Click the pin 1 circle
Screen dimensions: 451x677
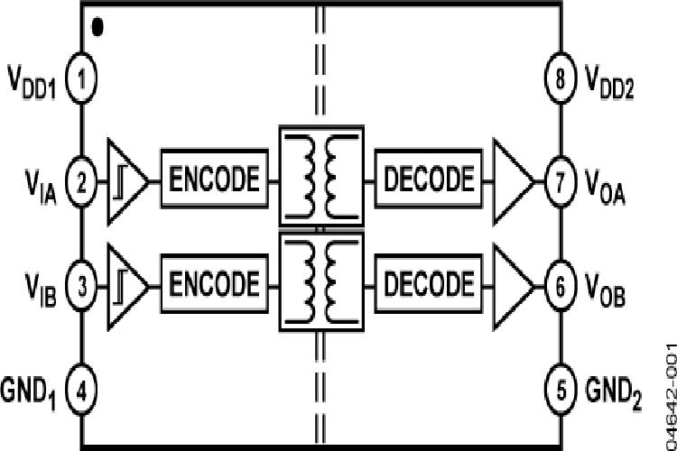(82, 82)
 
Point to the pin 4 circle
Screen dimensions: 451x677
(82, 391)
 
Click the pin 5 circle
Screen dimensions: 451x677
(560, 391)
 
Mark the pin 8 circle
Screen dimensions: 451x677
(560, 82)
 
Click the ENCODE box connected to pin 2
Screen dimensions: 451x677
(215, 179)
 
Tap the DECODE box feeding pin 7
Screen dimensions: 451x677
(429, 179)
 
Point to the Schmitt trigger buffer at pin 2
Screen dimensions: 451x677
(126, 180)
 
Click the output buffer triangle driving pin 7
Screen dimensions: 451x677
(512, 180)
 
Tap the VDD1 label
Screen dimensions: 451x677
(32, 84)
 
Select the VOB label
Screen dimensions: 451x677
(607, 290)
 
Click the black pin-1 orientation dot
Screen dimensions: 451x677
(97, 28)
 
